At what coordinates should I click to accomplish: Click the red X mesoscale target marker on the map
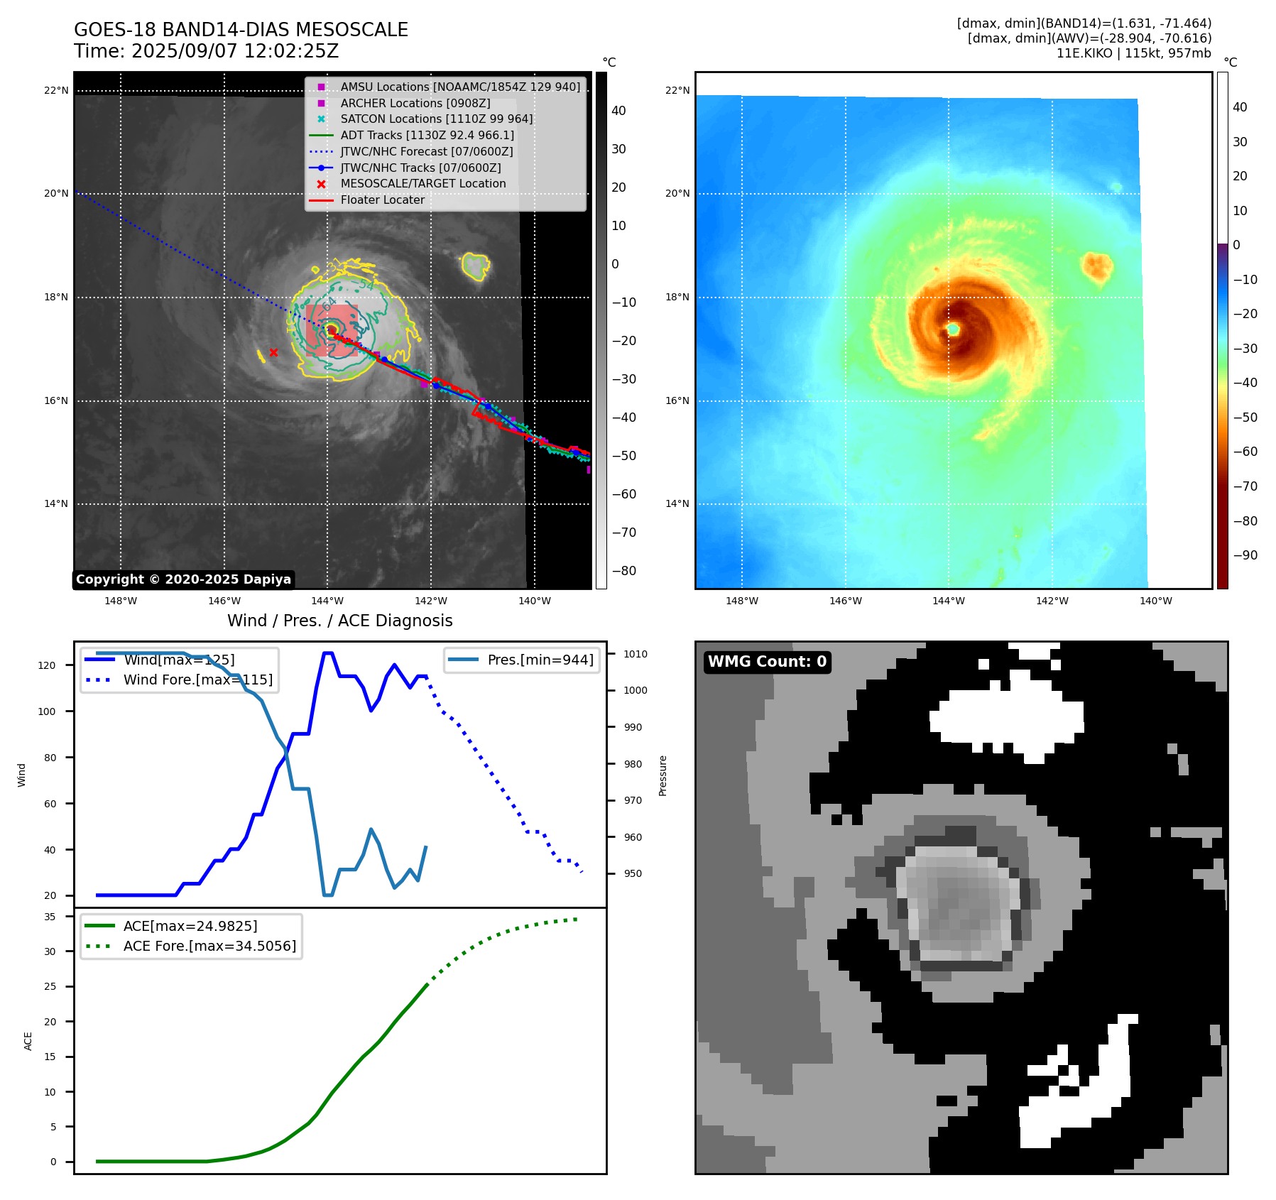click(x=273, y=352)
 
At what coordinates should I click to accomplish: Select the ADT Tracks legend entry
click(x=427, y=135)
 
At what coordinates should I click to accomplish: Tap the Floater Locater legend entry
click(x=382, y=200)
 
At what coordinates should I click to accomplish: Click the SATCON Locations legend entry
click(x=436, y=119)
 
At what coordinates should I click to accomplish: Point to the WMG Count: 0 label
click(x=767, y=662)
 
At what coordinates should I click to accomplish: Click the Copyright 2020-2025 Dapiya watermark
click(x=183, y=579)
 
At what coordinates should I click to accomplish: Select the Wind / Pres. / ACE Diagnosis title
click(x=339, y=621)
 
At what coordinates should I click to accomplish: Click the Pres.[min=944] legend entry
click(x=540, y=660)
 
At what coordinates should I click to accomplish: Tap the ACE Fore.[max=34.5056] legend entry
click(x=209, y=946)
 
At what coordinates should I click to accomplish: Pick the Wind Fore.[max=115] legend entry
click(x=197, y=680)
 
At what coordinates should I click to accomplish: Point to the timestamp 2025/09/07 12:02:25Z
click(x=235, y=52)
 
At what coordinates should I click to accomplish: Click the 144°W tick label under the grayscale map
click(x=327, y=601)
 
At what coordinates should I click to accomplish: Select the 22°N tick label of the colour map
click(x=677, y=90)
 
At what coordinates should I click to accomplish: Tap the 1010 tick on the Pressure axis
click(x=636, y=654)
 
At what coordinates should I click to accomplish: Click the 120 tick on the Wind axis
click(x=46, y=665)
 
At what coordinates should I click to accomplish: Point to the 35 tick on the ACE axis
click(x=50, y=917)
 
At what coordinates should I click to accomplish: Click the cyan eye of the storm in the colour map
click(x=953, y=329)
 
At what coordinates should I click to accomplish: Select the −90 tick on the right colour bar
click(x=1245, y=555)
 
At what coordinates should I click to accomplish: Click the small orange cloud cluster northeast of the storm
click(x=1097, y=266)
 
